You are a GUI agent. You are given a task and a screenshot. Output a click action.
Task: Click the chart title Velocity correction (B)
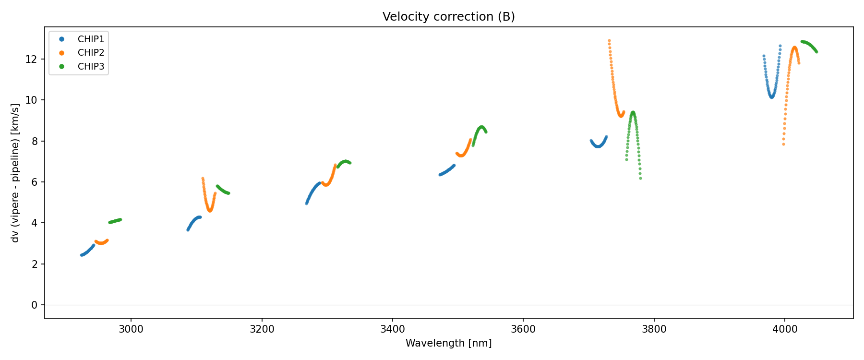pyautogui.click(x=448, y=17)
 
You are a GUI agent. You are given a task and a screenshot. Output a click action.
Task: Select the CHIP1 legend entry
pyautogui.click(x=91, y=39)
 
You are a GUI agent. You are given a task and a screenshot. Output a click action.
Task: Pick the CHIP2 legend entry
pyautogui.click(x=91, y=53)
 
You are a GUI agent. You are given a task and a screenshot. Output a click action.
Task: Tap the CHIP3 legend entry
pyautogui.click(x=91, y=67)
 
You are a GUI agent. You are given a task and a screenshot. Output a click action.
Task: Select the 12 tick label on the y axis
pyautogui.click(x=32, y=60)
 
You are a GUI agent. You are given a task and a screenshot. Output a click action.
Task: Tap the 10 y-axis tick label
pyautogui.click(x=32, y=100)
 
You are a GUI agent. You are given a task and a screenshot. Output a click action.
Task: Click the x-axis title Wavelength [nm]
pyautogui.click(x=448, y=343)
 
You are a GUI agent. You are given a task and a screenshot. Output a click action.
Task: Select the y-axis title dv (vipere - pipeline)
pyautogui.click(x=15, y=173)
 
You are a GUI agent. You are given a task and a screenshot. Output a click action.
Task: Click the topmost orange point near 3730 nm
pyautogui.click(x=609, y=41)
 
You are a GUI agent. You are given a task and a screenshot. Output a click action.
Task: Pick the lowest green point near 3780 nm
pyautogui.click(x=640, y=179)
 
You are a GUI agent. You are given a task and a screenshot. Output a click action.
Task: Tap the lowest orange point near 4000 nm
pyautogui.click(x=783, y=144)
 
